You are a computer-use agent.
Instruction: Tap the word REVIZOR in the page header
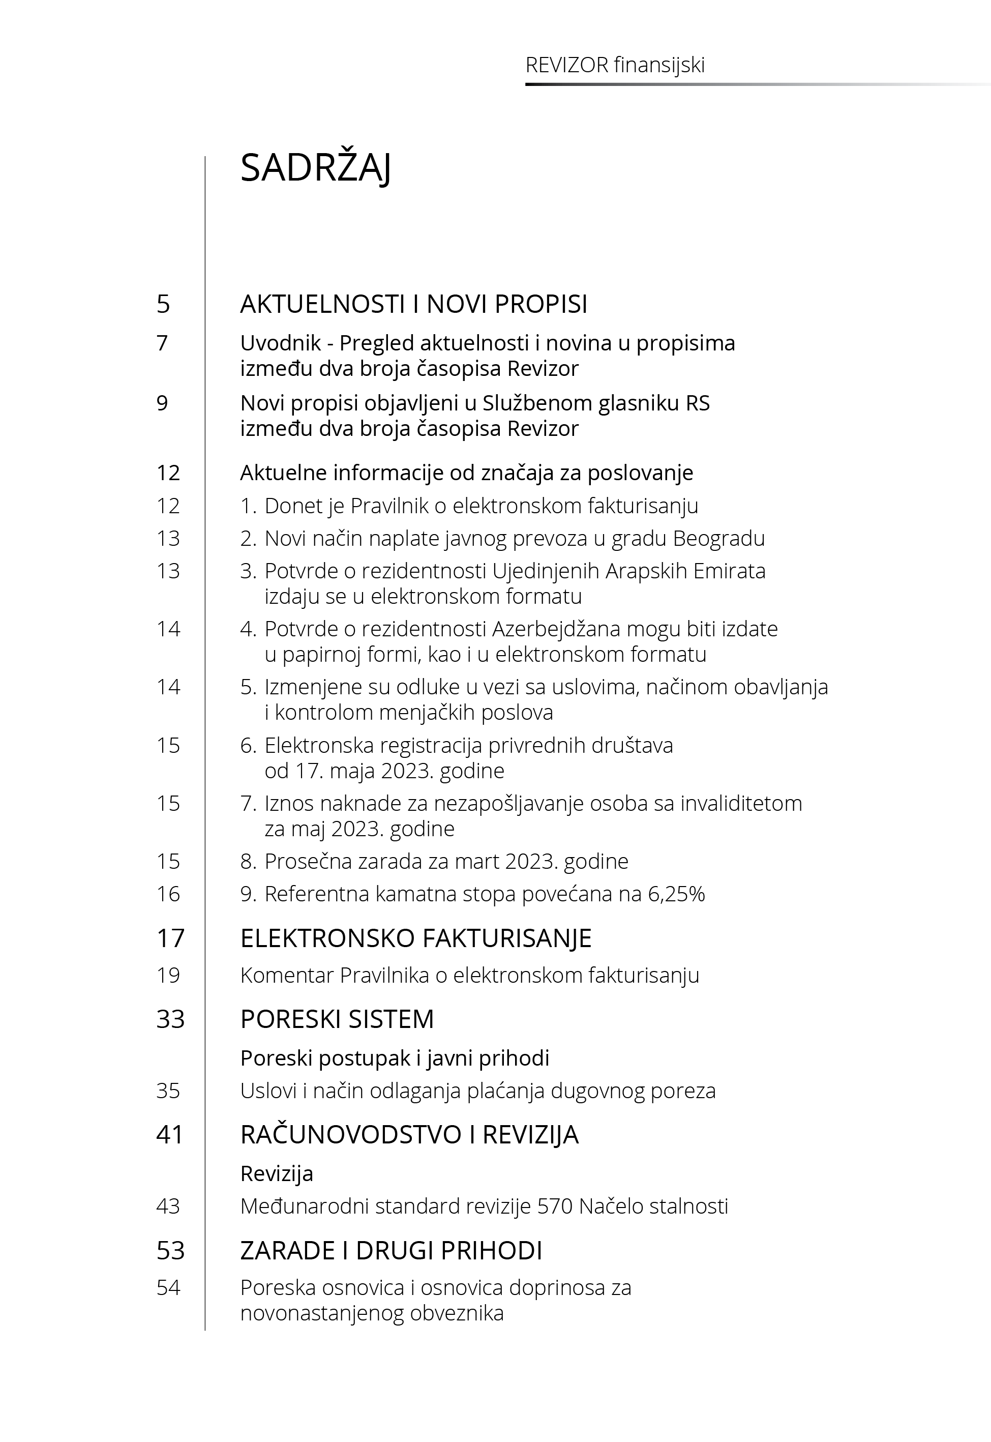(x=566, y=65)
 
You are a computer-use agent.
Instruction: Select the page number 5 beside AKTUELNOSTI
(x=163, y=304)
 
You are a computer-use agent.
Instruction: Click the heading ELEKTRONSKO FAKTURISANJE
(x=415, y=938)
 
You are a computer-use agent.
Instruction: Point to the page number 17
(x=170, y=938)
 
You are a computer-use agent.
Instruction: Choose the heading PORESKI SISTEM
(x=337, y=1019)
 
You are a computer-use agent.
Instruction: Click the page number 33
(x=170, y=1019)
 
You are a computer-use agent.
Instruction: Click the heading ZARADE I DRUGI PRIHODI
(x=391, y=1250)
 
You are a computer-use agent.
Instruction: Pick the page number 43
(x=168, y=1206)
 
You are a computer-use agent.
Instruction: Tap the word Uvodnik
(x=280, y=343)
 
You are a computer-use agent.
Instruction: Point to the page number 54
(x=168, y=1287)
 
